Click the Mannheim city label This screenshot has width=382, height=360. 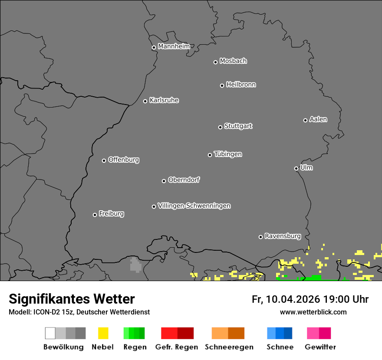(x=174, y=46)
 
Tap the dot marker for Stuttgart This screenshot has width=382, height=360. (x=220, y=127)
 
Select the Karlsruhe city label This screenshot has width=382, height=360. (x=164, y=100)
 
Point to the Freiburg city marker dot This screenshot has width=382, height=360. (x=95, y=215)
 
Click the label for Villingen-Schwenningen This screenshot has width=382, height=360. (x=194, y=206)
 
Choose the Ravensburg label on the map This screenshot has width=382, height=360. (x=283, y=236)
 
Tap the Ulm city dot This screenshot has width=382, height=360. (x=296, y=168)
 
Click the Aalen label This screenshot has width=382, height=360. (x=318, y=119)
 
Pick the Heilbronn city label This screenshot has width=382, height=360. (x=241, y=85)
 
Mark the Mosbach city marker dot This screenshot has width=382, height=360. (x=215, y=62)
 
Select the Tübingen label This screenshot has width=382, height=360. (x=228, y=154)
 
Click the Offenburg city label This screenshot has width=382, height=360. (x=123, y=160)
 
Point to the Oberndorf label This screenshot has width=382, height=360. (x=184, y=180)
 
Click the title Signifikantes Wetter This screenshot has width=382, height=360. (x=72, y=299)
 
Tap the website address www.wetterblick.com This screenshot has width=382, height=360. (x=313, y=312)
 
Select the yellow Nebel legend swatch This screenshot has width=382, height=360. (x=103, y=333)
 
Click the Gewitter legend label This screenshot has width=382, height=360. (x=320, y=347)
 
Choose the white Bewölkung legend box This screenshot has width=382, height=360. (x=50, y=333)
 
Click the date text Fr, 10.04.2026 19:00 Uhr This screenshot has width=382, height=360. (x=310, y=299)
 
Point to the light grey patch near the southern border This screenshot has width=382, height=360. (x=135, y=265)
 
